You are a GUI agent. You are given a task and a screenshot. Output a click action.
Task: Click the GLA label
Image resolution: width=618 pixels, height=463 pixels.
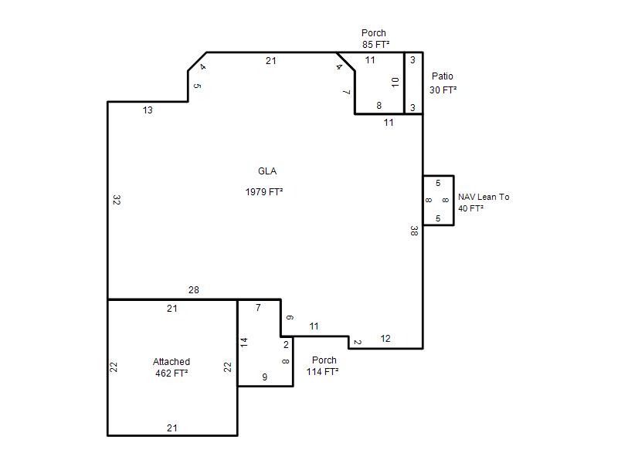pyautogui.click(x=267, y=171)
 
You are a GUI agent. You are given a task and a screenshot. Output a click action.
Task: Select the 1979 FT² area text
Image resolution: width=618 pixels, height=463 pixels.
pyautogui.click(x=264, y=191)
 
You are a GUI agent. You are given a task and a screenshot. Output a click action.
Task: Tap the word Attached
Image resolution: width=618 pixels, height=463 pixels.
pyautogui.click(x=171, y=361)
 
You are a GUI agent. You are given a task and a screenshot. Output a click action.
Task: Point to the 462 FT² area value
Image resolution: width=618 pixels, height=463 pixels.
pyautogui.click(x=171, y=373)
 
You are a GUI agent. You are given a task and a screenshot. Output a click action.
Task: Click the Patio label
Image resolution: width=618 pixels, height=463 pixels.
pyautogui.click(x=442, y=76)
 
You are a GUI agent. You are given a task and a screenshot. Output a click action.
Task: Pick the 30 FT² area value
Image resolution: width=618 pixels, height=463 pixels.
pyautogui.click(x=443, y=90)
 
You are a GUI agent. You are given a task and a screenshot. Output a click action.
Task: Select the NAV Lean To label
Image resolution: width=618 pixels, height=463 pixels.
pyautogui.click(x=484, y=197)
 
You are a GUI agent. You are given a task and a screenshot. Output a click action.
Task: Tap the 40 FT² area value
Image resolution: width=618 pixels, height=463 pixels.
pyautogui.click(x=470, y=208)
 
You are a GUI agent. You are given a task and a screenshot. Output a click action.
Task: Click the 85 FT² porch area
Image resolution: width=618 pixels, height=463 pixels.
pyautogui.click(x=376, y=44)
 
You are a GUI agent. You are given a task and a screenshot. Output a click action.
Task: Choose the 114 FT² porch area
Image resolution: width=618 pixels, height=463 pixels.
pyautogui.click(x=322, y=371)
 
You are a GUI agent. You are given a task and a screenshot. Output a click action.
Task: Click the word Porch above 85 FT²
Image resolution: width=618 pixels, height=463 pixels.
pyautogui.click(x=374, y=32)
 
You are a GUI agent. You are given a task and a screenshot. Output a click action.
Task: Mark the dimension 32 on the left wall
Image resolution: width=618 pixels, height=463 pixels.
pyautogui.click(x=117, y=200)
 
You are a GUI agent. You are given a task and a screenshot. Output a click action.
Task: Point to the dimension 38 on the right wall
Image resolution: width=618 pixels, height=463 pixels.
pyautogui.click(x=413, y=231)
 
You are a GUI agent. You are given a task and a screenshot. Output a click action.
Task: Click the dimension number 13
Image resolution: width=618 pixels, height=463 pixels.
pyautogui.click(x=148, y=110)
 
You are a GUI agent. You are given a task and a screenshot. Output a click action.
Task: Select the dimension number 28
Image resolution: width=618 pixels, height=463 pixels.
pyautogui.click(x=194, y=290)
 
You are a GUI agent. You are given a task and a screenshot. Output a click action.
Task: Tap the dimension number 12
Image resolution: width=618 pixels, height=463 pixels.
pyautogui.click(x=385, y=339)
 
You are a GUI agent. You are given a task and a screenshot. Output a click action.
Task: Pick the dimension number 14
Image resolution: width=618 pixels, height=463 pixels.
pyautogui.click(x=244, y=342)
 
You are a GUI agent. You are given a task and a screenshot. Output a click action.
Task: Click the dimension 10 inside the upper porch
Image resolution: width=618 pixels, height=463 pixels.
pyautogui.click(x=396, y=82)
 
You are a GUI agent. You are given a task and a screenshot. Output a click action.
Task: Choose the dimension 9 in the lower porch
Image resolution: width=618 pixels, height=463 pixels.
pyautogui.click(x=265, y=377)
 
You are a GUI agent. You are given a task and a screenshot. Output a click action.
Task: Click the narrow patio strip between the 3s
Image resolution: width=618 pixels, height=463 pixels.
pyautogui.click(x=414, y=83)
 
